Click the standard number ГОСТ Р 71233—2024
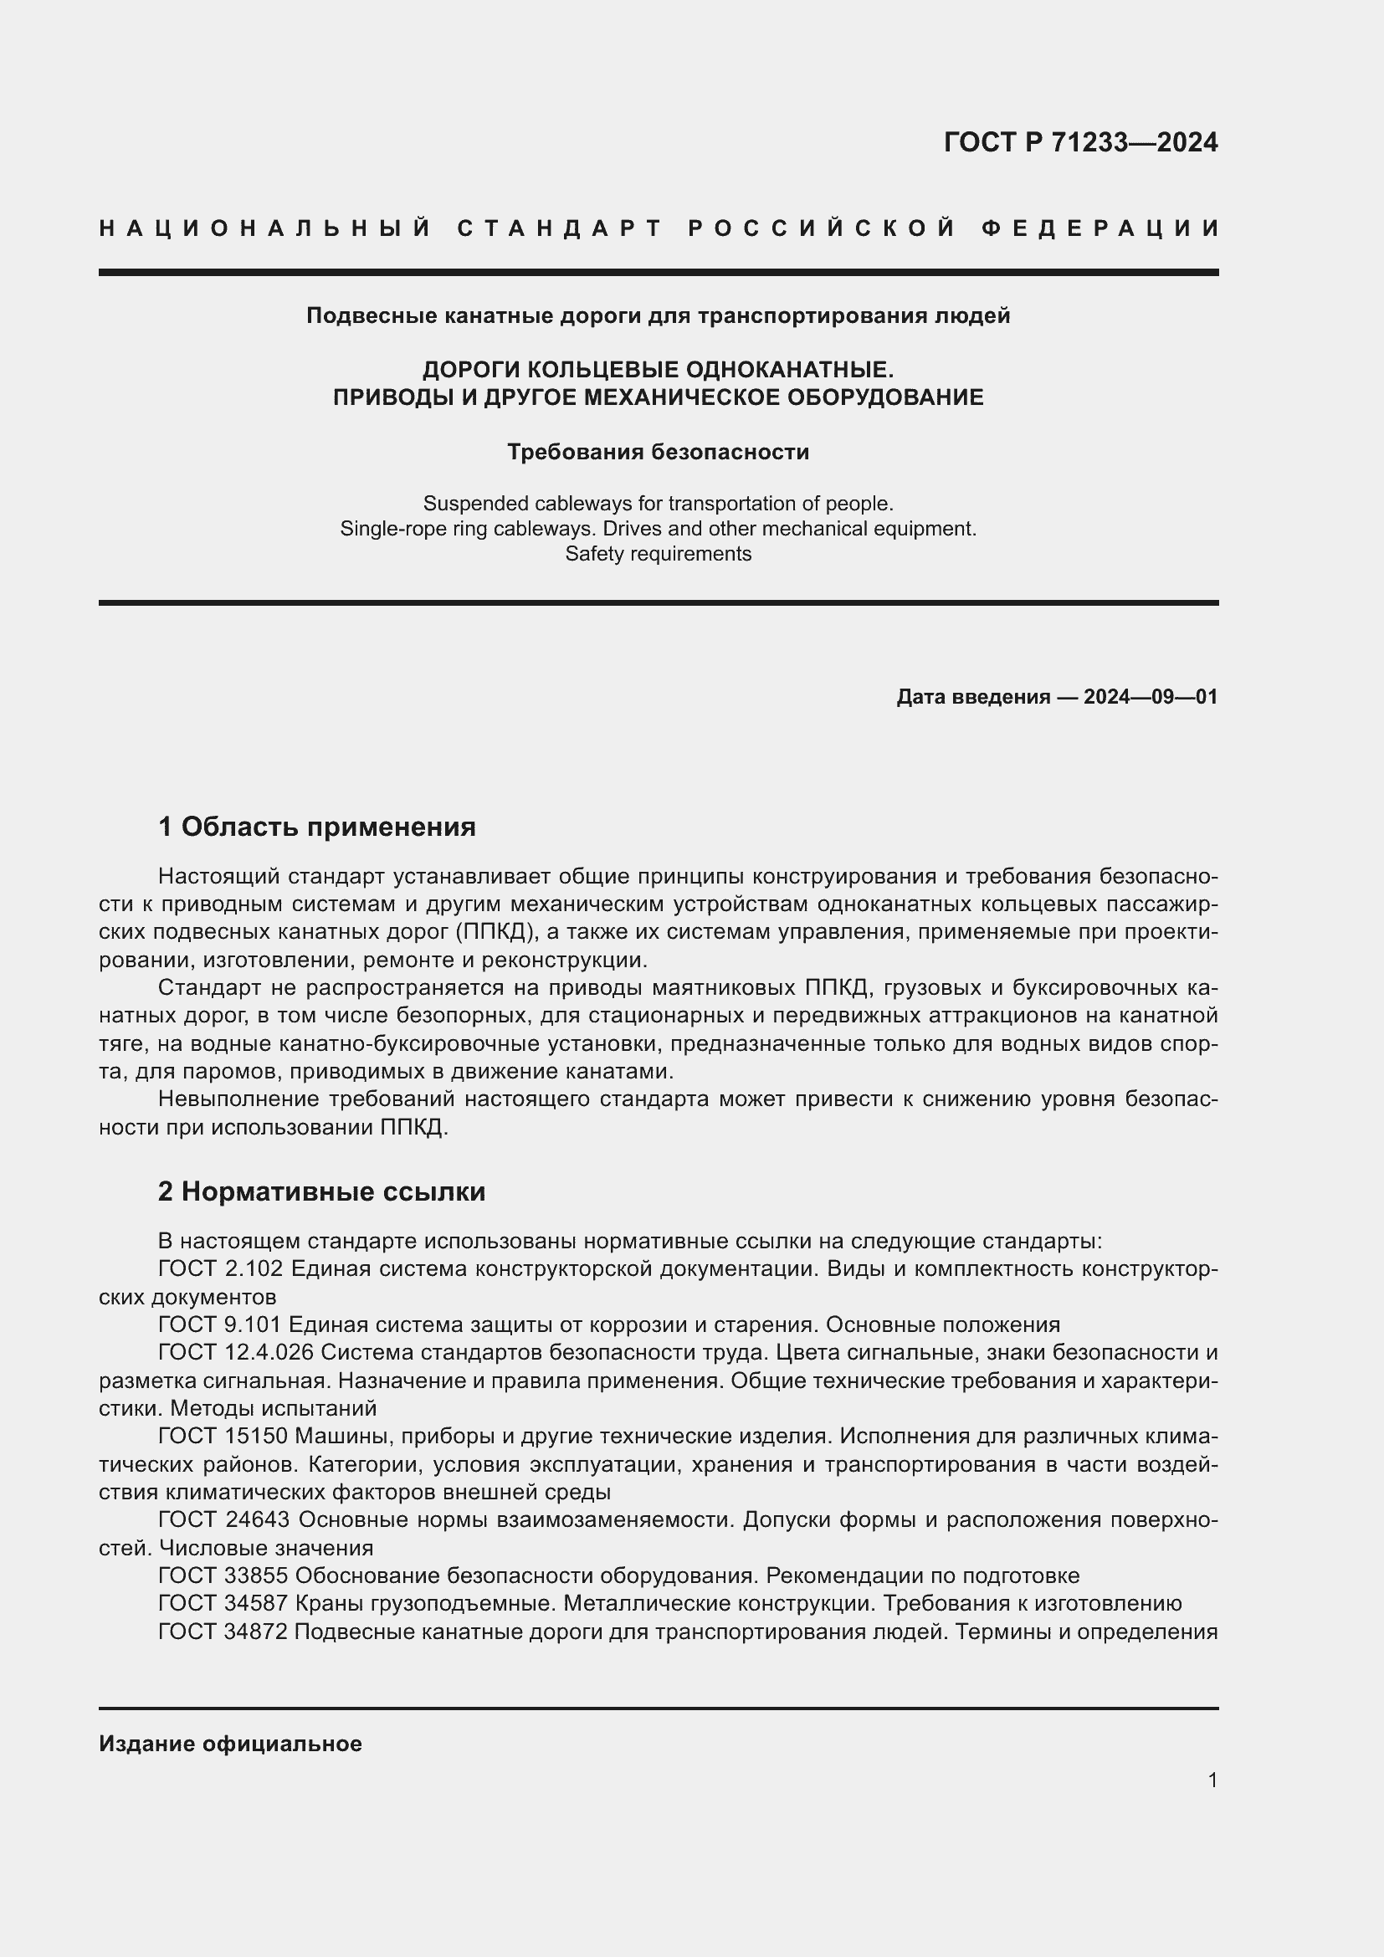click(x=1079, y=142)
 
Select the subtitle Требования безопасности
click(x=658, y=452)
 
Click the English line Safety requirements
click(x=658, y=554)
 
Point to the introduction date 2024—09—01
click(x=1151, y=697)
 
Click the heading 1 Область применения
click(x=317, y=826)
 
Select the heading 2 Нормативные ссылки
click(x=321, y=1191)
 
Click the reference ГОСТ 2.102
click(x=220, y=1268)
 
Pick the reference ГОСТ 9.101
click(x=220, y=1324)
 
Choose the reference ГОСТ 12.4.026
click(x=236, y=1353)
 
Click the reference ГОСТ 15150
click(x=223, y=1437)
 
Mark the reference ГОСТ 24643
click(x=224, y=1519)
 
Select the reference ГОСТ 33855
click(x=224, y=1576)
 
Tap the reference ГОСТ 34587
click(x=224, y=1603)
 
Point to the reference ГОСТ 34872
click(x=224, y=1632)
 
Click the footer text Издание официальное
click(x=230, y=1744)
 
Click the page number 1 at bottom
click(x=1212, y=1780)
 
